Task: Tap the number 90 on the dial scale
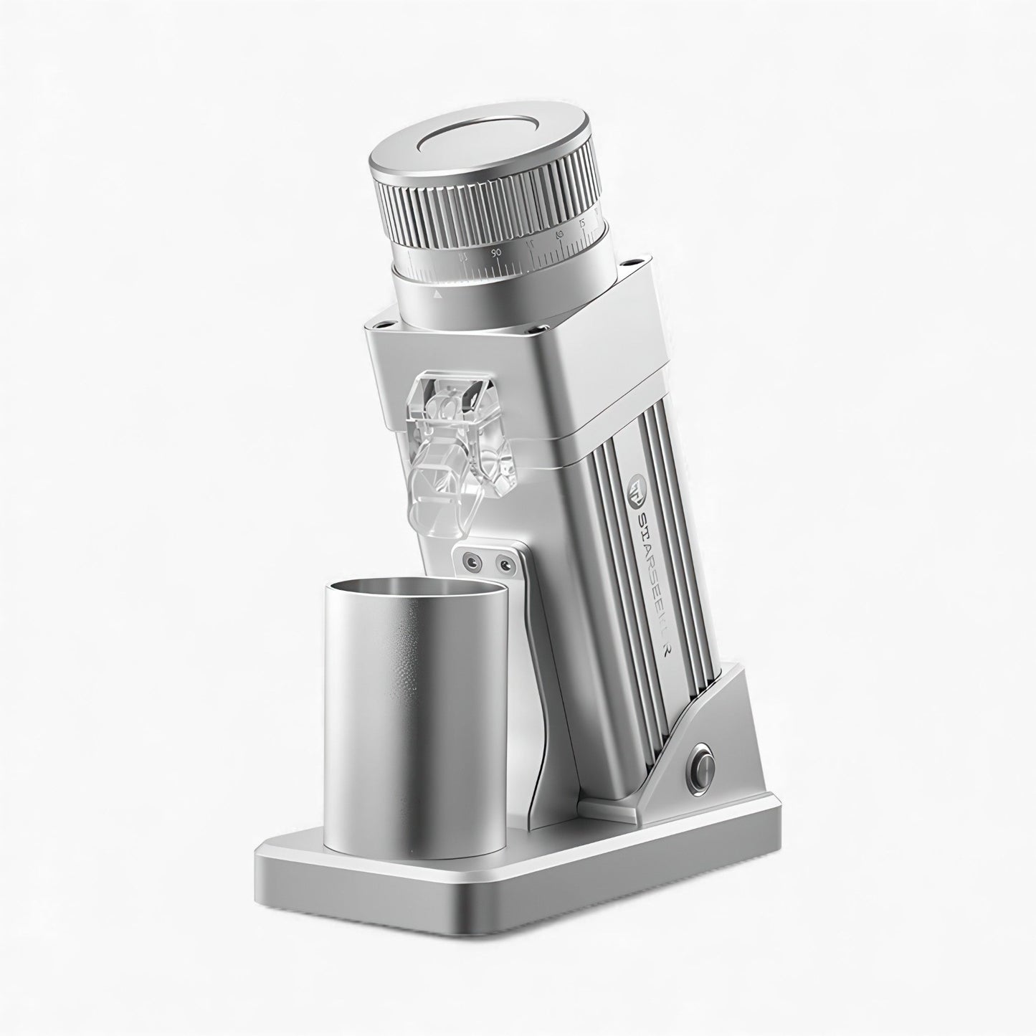pyautogui.click(x=496, y=253)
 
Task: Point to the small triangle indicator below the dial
pyautogui.click(x=437, y=294)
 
